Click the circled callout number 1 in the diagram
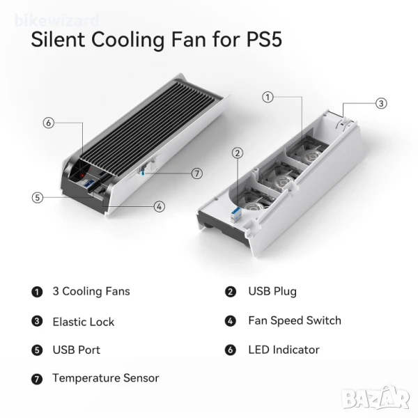[268, 97]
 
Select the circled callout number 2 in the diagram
[238, 153]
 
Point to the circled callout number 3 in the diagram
[381, 103]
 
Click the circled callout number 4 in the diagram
[159, 207]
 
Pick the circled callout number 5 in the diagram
[38, 198]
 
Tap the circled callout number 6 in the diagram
[49, 123]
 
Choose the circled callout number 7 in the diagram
[197, 173]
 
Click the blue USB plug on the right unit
[236, 215]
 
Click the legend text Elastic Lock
[84, 322]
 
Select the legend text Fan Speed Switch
[295, 320]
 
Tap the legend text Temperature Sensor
[106, 378]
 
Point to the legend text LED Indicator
[284, 350]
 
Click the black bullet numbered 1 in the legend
[37, 292]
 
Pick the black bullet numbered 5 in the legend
[37, 350]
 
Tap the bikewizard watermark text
[57, 20]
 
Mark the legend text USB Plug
[272, 292]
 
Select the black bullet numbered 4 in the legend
[231, 320]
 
